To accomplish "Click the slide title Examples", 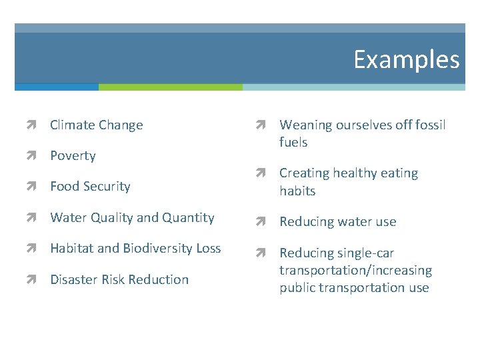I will tap(406, 59).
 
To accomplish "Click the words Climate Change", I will tap(96, 125).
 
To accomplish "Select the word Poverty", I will tap(73, 155).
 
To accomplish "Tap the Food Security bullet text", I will tap(90, 187).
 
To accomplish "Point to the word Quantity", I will tap(189, 218).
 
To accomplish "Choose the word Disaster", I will tap(74, 279).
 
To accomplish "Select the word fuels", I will tap(293, 143).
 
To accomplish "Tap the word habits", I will tap(297, 191).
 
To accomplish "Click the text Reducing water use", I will tap(337, 222).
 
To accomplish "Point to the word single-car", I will tap(365, 253).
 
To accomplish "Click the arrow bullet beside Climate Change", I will tap(31, 125).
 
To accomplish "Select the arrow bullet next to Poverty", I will tap(31, 155).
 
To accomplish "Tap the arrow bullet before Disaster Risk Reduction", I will tap(31, 279).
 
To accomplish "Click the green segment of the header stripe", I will tap(170, 87).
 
